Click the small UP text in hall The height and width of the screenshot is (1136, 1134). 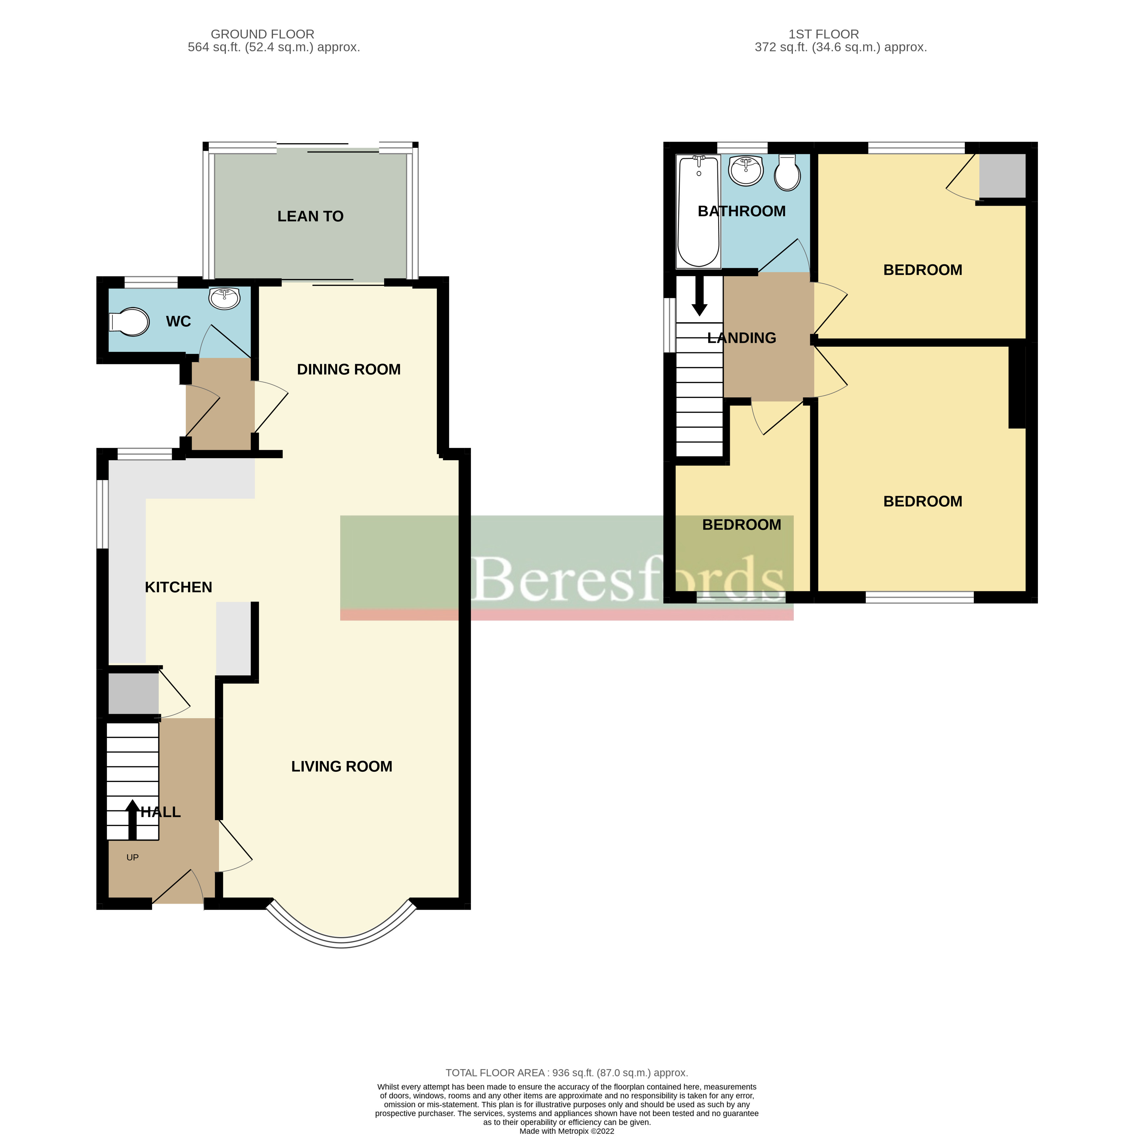[x=132, y=857]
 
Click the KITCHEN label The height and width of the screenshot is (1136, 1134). [x=178, y=587]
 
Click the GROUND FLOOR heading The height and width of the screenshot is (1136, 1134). [x=262, y=34]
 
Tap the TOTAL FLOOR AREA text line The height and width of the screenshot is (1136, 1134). [x=566, y=1072]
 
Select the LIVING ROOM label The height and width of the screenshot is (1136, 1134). [x=342, y=766]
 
